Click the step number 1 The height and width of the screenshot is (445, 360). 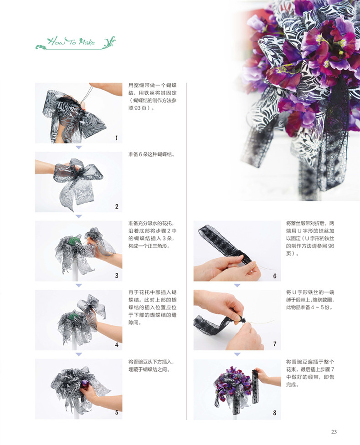point(117,138)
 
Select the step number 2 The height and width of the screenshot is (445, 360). point(117,206)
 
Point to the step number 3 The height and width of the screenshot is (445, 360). point(117,276)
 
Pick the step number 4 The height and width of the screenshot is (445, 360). point(117,345)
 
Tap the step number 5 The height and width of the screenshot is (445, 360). point(117,413)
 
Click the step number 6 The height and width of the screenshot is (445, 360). point(275,276)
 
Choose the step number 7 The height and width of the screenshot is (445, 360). point(275,344)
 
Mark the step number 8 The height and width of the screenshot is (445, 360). point(275,413)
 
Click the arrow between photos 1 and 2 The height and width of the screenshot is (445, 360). point(78,147)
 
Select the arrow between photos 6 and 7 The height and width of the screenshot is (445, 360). point(237,285)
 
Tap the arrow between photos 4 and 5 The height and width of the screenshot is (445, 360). point(78,354)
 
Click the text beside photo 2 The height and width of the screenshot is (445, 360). point(152,155)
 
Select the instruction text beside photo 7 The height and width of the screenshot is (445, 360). point(310,300)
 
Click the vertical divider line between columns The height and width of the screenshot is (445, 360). point(186,251)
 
